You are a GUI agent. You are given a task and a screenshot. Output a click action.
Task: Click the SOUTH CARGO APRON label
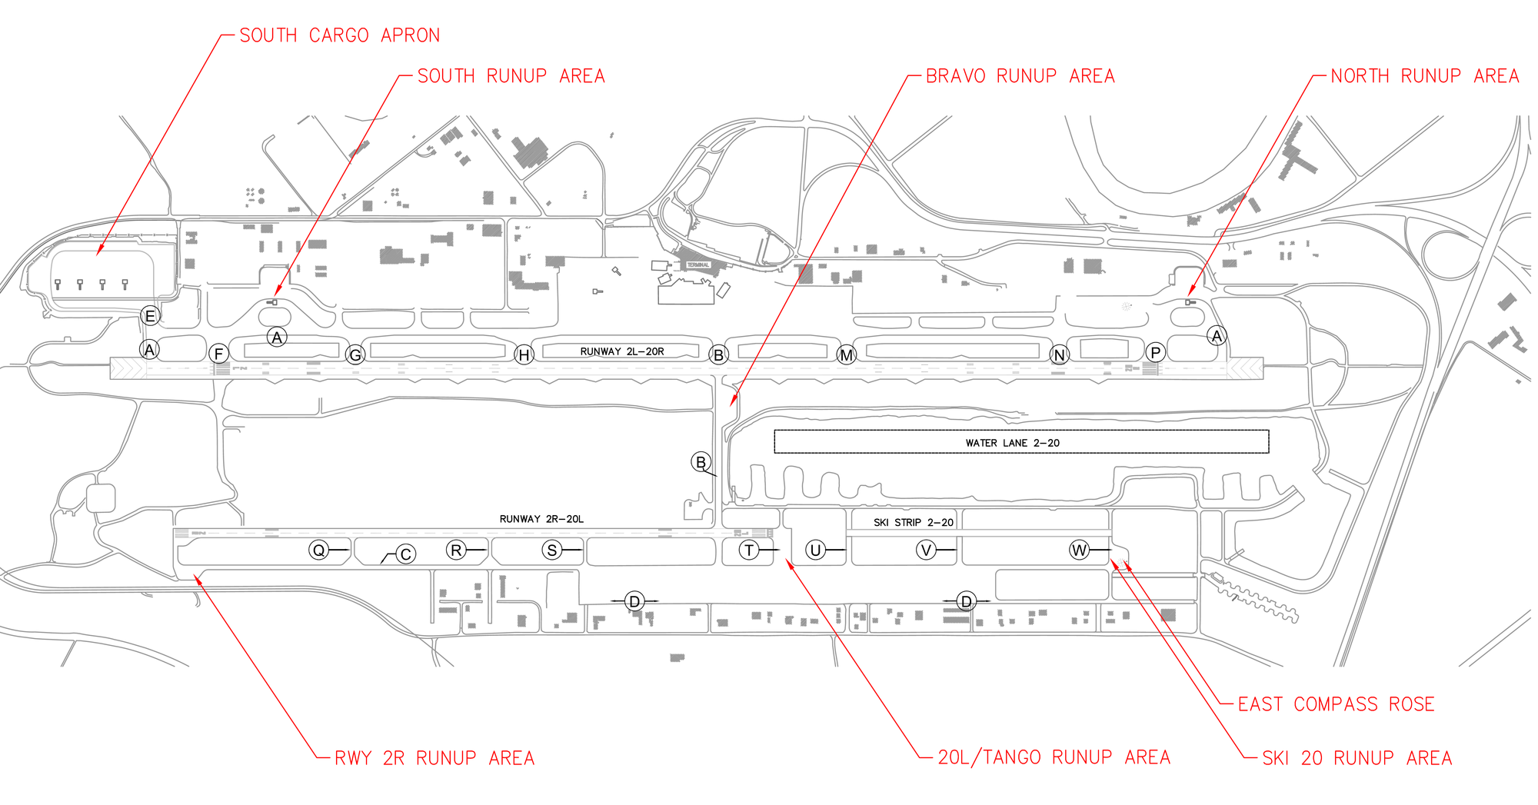[x=339, y=36]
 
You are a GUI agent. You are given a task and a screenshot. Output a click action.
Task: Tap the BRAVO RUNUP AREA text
[x=1020, y=76]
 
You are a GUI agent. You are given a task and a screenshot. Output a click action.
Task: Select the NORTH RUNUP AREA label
[x=1424, y=76]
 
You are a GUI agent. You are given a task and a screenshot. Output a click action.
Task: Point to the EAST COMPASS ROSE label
[x=1336, y=704]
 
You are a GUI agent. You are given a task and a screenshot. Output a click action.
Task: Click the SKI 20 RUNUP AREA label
[x=1357, y=758]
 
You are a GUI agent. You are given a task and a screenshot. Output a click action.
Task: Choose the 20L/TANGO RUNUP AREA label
[x=1054, y=757]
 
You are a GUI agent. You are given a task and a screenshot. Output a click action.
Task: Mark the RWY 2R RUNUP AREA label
[x=434, y=758]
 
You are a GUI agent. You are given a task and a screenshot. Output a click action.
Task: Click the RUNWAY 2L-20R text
[x=621, y=351]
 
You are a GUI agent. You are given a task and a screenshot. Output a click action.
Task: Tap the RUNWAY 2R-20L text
[x=541, y=519]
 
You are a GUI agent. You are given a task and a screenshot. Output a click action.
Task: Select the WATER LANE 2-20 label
[x=1012, y=443]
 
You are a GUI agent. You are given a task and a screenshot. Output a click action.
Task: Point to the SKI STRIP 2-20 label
[x=913, y=523]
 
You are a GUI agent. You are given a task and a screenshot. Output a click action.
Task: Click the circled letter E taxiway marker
[x=150, y=315]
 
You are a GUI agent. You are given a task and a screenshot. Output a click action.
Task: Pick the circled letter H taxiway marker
[x=524, y=354]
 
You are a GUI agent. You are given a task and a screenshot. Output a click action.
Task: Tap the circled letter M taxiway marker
[x=846, y=354]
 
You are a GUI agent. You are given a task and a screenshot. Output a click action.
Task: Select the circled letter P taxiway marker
[x=1155, y=352]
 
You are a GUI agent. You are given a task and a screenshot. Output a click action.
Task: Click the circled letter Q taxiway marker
[x=318, y=550]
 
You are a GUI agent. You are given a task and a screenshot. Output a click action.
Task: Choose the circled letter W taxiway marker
[x=1079, y=550]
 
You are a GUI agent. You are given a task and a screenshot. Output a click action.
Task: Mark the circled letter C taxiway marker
[x=406, y=554]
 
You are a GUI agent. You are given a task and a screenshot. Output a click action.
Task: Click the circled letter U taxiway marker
[x=815, y=550]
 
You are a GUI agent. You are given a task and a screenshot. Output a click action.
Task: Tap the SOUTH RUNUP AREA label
[x=511, y=76]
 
